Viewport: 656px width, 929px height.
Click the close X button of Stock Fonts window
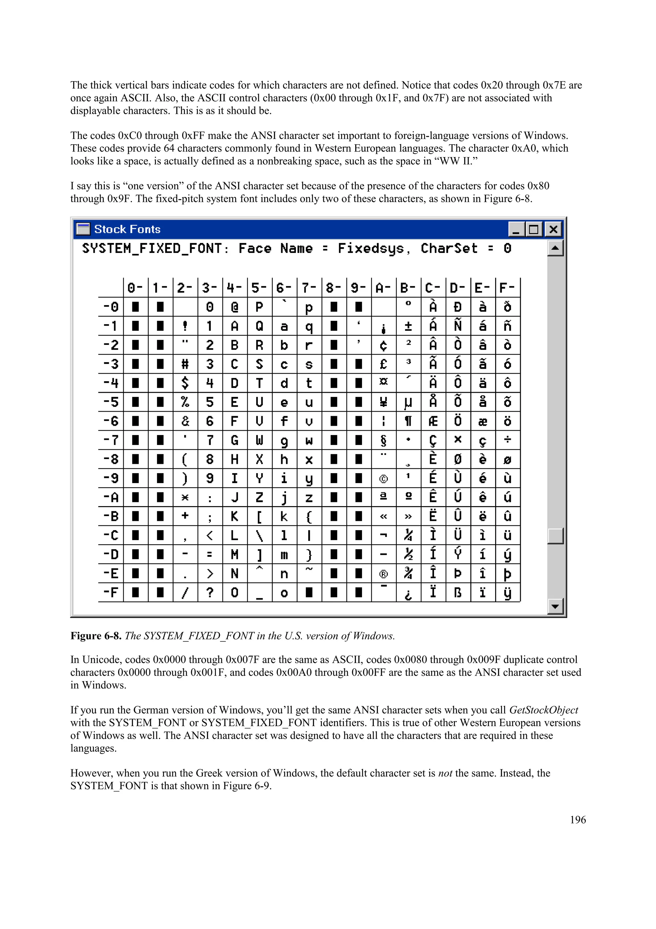click(553, 230)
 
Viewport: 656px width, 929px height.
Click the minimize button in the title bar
click(516, 230)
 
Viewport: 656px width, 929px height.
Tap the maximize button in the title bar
click(534, 230)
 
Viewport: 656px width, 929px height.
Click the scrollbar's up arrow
click(555, 247)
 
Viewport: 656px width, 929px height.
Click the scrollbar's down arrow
click(555, 606)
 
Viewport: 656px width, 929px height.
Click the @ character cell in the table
click(234, 307)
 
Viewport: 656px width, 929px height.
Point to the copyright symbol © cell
click(384, 479)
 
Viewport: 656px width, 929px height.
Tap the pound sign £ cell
click(384, 364)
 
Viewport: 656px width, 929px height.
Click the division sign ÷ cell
click(508, 440)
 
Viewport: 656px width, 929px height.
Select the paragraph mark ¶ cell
click(408, 421)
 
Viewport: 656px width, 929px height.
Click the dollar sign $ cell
click(185, 383)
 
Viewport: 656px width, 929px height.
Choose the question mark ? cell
click(210, 592)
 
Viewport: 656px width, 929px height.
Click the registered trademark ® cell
click(384, 574)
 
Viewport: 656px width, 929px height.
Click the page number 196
click(578, 820)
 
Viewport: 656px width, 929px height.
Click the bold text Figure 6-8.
click(95, 636)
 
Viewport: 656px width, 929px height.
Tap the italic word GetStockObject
click(544, 710)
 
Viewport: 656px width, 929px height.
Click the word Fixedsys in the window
click(371, 248)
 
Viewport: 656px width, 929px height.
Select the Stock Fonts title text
click(127, 230)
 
